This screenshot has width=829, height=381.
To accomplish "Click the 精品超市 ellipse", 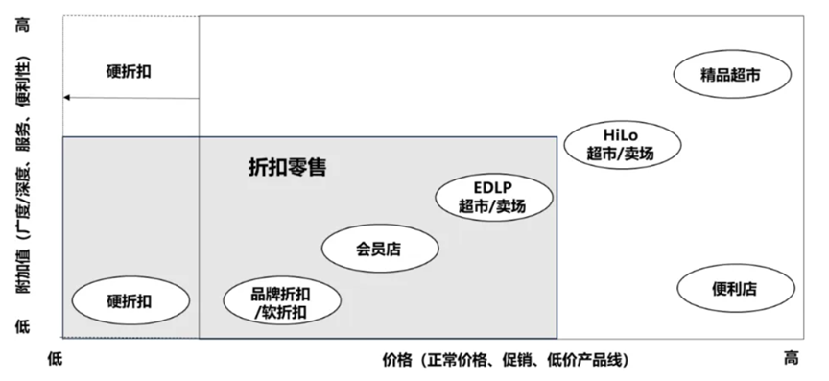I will (731, 74).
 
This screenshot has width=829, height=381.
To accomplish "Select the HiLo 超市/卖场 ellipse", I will (622, 143).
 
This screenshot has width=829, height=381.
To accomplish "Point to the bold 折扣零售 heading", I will (281, 168).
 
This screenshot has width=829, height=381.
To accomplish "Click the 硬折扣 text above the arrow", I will (129, 71).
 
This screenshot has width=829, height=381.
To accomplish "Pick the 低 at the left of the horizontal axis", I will (55, 358).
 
